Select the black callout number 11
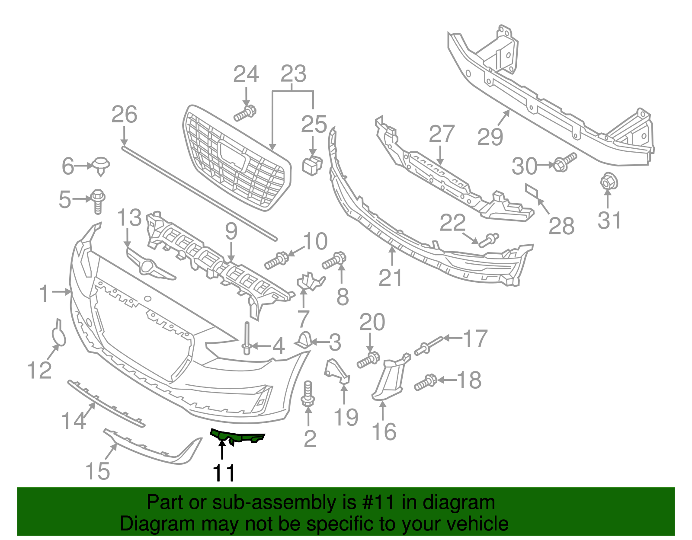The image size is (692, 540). (x=224, y=473)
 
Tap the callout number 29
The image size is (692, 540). (x=490, y=137)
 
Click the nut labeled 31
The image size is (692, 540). (x=606, y=182)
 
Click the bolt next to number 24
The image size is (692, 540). (x=245, y=113)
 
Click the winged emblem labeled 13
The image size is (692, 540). (x=149, y=267)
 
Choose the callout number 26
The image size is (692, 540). (x=124, y=115)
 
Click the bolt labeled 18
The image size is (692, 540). (x=426, y=383)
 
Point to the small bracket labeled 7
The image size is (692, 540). (x=310, y=281)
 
